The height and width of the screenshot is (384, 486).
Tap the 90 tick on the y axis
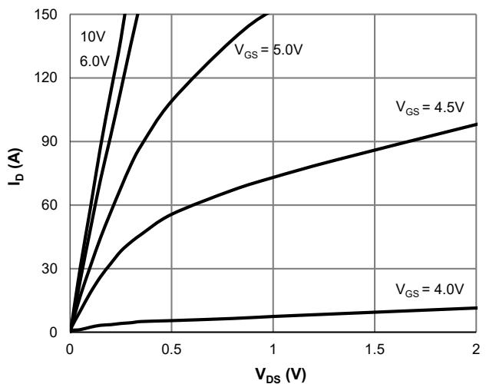[57, 142]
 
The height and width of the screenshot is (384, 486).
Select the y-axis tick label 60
[57, 206]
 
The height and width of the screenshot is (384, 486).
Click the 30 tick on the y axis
[57, 270]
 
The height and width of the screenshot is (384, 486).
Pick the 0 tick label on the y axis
[60, 333]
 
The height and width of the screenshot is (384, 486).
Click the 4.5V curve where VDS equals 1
[273, 178]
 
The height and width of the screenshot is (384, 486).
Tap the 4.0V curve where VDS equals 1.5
[374, 312]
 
